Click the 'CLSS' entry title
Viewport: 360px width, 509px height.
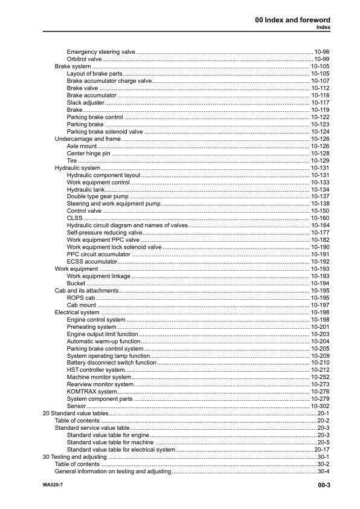click(x=74, y=218)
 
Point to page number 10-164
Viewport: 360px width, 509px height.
click(x=320, y=225)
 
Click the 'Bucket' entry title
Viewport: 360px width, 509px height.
click(x=76, y=283)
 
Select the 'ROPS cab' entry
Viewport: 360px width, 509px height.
click(x=81, y=297)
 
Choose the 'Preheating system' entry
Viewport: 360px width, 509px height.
click(x=92, y=326)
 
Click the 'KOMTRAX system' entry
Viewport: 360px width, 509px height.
click(x=92, y=392)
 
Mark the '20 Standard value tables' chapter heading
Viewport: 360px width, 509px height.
click(x=76, y=413)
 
